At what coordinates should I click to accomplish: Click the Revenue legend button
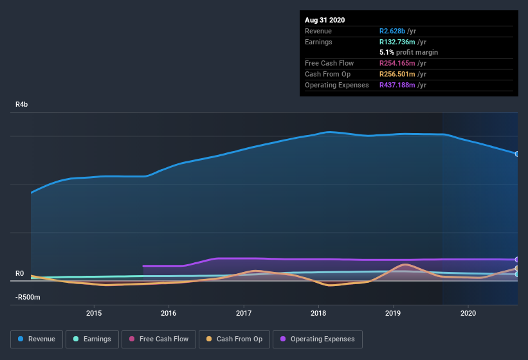pyautogui.click(x=37, y=339)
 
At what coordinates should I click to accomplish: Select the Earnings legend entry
pyautogui.click(x=92, y=339)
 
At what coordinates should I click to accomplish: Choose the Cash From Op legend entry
pyautogui.click(x=235, y=339)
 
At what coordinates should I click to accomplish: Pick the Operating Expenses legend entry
pyautogui.click(x=317, y=339)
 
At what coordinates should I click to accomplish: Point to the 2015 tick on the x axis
pyautogui.click(x=94, y=313)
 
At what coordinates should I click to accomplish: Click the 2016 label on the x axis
pyautogui.click(x=168, y=313)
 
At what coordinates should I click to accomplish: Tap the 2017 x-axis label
pyautogui.click(x=244, y=313)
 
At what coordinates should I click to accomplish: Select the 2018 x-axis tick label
pyautogui.click(x=318, y=313)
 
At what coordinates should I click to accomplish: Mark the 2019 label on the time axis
pyautogui.click(x=394, y=313)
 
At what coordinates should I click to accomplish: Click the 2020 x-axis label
pyautogui.click(x=468, y=313)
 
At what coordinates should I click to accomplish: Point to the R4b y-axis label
pyautogui.click(x=22, y=104)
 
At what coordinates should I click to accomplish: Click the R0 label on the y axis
pyautogui.click(x=19, y=273)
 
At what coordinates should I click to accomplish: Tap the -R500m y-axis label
pyautogui.click(x=28, y=297)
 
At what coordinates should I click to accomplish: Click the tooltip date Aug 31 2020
pyautogui.click(x=325, y=20)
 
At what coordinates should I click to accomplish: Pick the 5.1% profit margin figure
pyautogui.click(x=387, y=52)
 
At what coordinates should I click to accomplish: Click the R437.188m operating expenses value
pyautogui.click(x=399, y=85)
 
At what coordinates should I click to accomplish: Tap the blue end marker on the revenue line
pyautogui.click(x=517, y=154)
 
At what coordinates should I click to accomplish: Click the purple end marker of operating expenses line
pyautogui.click(x=517, y=260)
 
